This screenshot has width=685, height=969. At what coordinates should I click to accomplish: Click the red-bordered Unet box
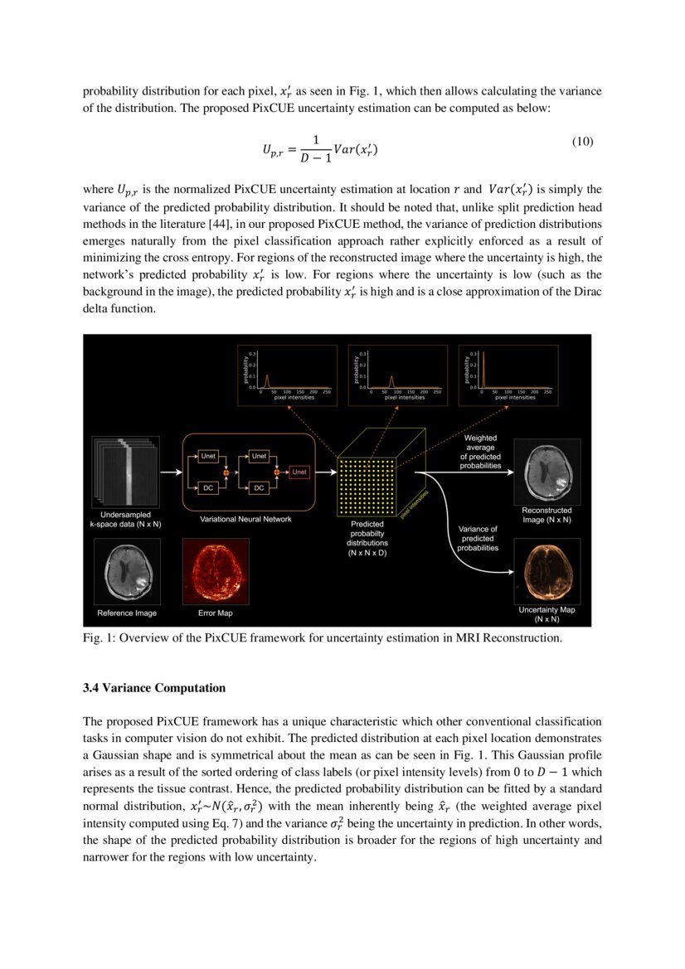click(x=299, y=472)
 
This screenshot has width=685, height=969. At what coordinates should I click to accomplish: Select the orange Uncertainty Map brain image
click(x=547, y=571)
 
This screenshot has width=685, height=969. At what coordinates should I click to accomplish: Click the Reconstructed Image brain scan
click(x=547, y=472)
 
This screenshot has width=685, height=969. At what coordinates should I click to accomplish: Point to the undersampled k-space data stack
click(x=125, y=472)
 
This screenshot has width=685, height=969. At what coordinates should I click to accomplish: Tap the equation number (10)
click(x=583, y=142)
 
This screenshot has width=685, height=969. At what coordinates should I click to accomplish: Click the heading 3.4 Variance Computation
click(x=154, y=687)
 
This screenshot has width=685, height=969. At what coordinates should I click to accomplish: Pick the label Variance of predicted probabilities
click(x=478, y=538)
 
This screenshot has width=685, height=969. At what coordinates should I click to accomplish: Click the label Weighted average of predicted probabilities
click(x=480, y=452)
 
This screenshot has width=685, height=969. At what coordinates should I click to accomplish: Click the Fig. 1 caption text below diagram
click(x=323, y=637)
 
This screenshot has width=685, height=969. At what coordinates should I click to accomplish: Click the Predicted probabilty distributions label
click(x=367, y=538)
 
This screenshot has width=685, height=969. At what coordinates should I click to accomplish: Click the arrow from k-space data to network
click(x=170, y=472)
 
